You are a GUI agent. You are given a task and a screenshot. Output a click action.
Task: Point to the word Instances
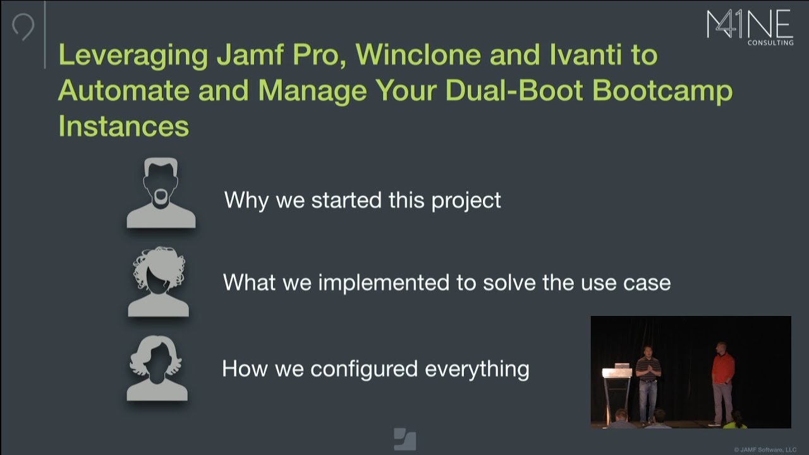124,126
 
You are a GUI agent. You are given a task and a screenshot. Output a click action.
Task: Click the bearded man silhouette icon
161,194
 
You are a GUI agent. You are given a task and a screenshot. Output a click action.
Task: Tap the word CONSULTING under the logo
770,43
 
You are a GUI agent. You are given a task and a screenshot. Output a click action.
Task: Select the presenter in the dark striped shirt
648,382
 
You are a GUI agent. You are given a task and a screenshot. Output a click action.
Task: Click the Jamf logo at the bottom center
404,439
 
